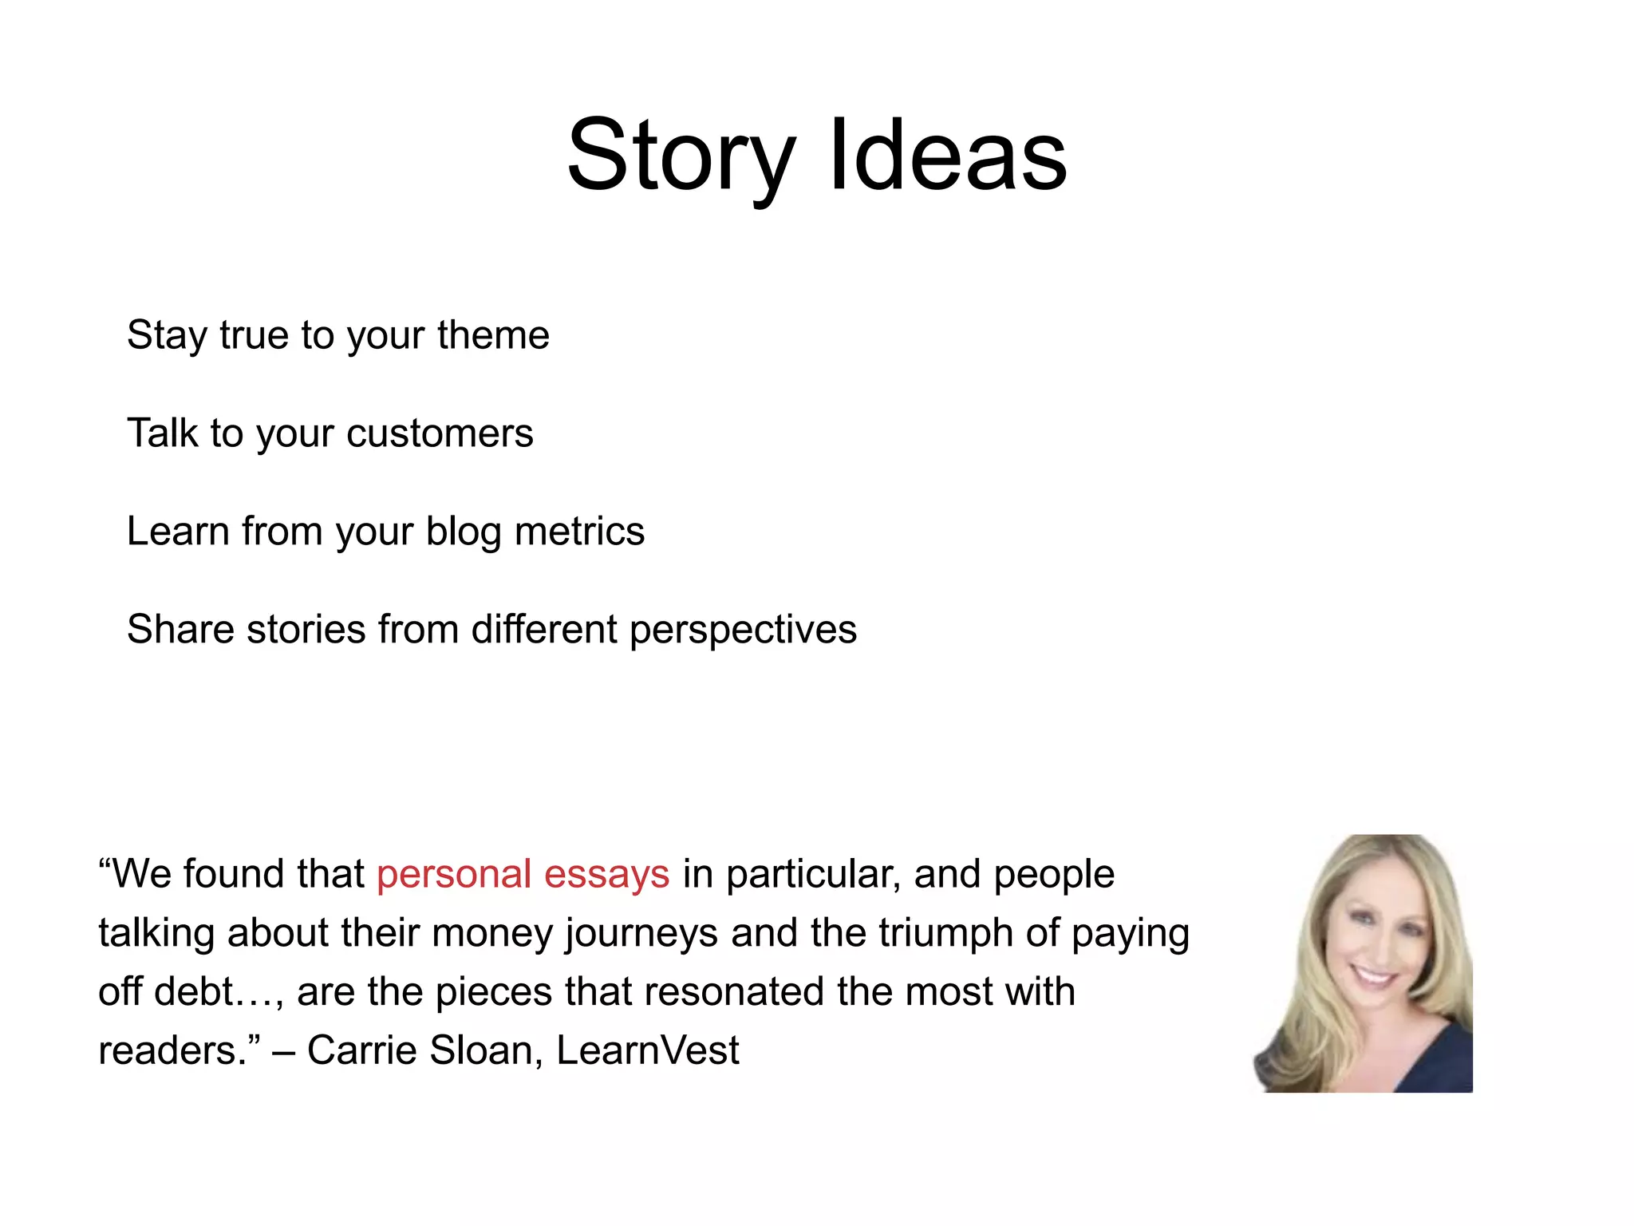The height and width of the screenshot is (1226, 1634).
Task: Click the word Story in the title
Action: pyautogui.click(x=681, y=156)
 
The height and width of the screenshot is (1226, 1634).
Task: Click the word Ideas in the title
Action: pyautogui.click(x=947, y=156)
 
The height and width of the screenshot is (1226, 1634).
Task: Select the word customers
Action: pyautogui.click(x=440, y=433)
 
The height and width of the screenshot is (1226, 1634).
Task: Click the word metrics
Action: pyautogui.click(x=579, y=532)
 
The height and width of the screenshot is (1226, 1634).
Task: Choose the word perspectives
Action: pyautogui.click(x=743, y=631)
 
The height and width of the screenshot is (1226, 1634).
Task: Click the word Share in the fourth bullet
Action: pyautogui.click(x=180, y=629)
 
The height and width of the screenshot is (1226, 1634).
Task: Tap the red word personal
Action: pyautogui.click(x=454, y=874)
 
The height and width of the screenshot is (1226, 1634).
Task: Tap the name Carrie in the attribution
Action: pyautogui.click(x=361, y=1050)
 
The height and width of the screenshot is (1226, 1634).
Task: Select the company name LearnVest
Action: pyautogui.click(x=647, y=1050)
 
